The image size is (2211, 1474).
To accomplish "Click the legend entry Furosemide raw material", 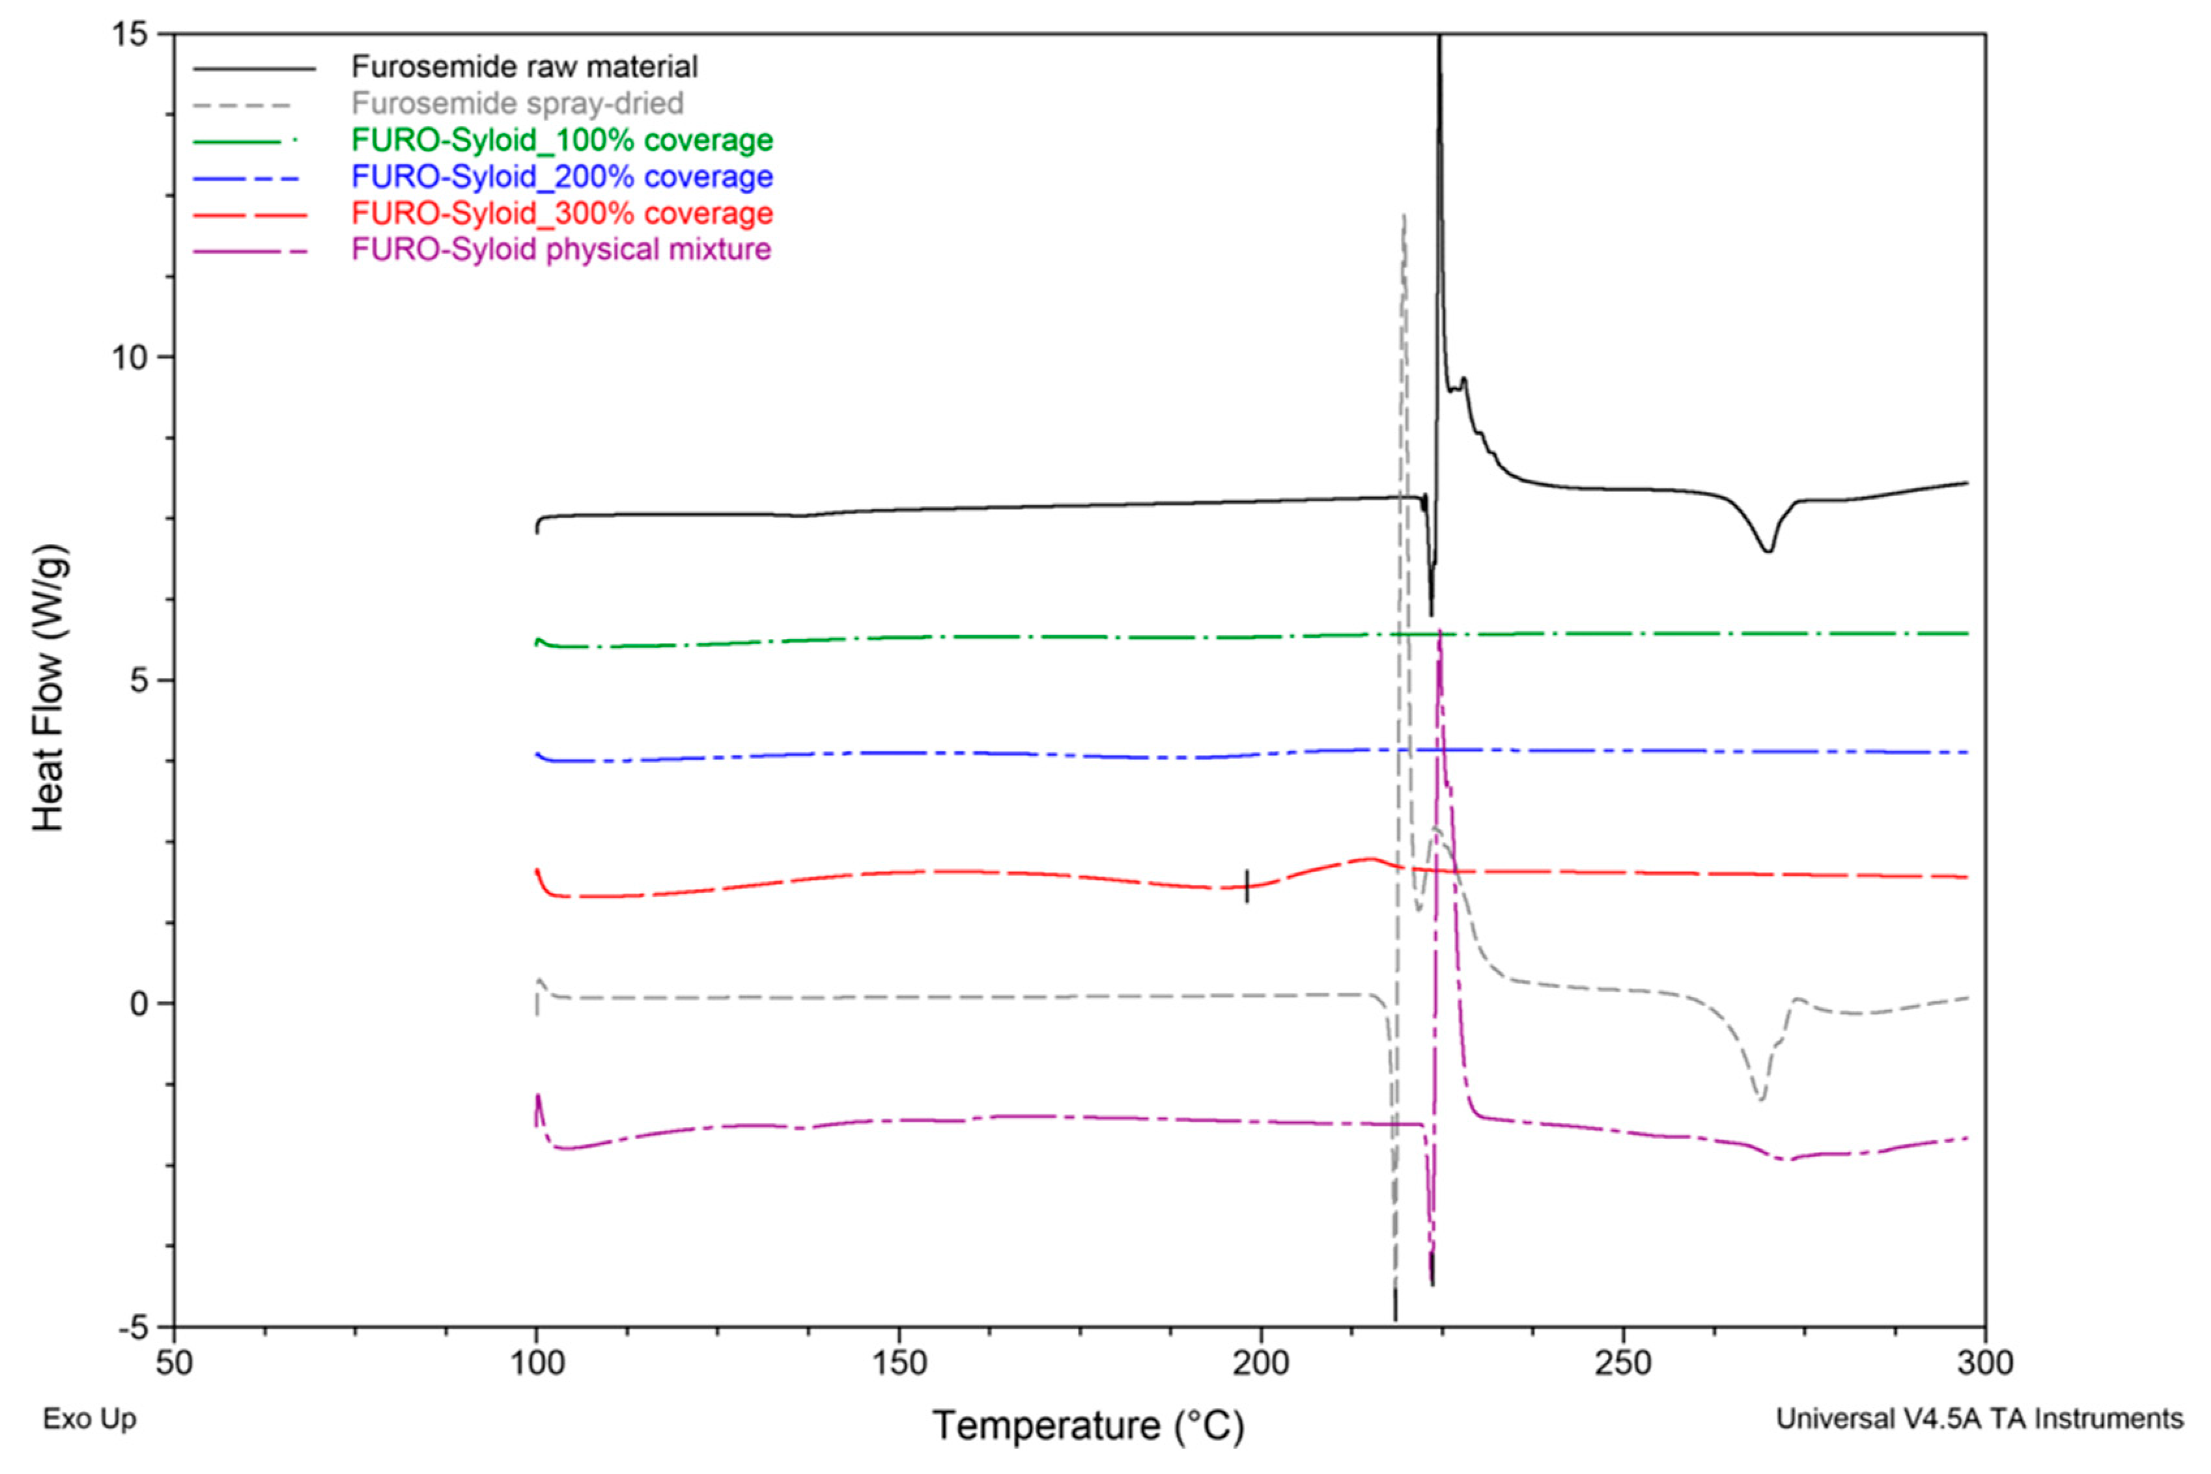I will coord(524,67).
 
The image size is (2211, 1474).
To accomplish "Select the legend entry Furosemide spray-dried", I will coord(517,103).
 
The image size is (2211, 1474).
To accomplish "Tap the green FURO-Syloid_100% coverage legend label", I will coord(561,140).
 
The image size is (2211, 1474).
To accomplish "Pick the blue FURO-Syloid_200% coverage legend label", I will coord(561,177).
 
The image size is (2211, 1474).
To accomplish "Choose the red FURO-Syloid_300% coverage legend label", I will coord(561,213).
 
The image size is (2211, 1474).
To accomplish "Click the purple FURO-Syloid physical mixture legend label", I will coord(561,250).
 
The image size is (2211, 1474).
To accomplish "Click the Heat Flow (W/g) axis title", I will coord(49,688).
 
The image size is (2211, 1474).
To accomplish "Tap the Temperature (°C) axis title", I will coord(1088,1426).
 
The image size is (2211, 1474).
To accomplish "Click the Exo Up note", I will coord(89,1419).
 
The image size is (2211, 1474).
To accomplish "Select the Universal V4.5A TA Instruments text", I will coord(1979,1419).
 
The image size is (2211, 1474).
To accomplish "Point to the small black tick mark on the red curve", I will coord(1247,886).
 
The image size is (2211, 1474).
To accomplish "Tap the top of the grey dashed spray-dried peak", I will coord(1403,216).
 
